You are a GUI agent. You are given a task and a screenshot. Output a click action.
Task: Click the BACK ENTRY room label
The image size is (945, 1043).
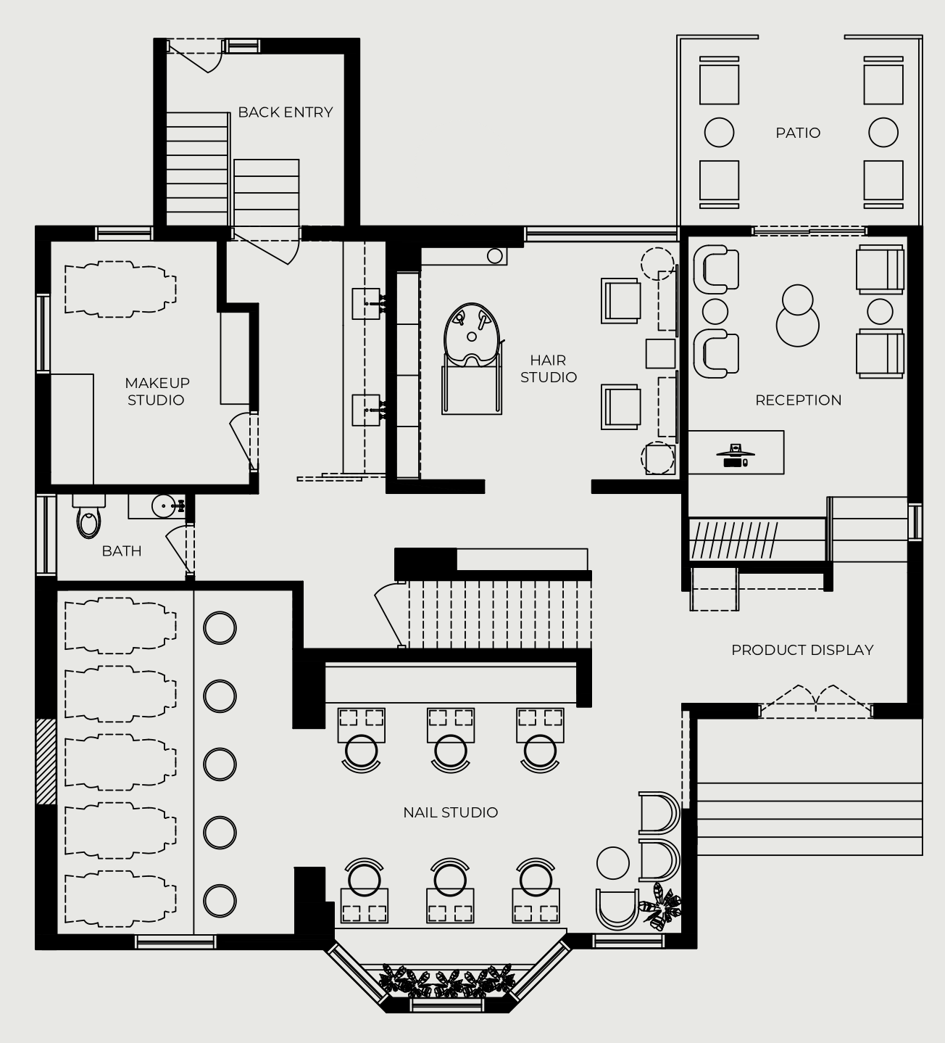[x=286, y=112]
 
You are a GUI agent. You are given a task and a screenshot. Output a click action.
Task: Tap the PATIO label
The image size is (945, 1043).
[x=798, y=133]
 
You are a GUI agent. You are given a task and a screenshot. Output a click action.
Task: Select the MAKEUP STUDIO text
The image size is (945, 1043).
[x=157, y=392]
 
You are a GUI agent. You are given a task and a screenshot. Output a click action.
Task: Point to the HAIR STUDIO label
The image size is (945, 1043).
[x=549, y=368]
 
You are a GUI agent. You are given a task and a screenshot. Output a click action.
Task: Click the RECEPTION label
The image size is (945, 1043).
[x=798, y=400]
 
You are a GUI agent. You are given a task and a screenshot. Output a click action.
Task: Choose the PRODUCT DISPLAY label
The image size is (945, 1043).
[x=802, y=650]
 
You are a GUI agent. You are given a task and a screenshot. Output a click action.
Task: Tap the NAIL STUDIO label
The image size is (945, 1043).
[x=451, y=812]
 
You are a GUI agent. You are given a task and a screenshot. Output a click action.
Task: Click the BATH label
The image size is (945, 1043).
[x=122, y=551]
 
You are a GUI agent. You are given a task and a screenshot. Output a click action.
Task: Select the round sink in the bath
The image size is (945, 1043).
[x=164, y=506]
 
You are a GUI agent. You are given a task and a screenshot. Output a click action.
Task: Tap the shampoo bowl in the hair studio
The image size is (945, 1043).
[x=472, y=335]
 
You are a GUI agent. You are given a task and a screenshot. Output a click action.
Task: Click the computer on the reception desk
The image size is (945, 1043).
[x=735, y=455]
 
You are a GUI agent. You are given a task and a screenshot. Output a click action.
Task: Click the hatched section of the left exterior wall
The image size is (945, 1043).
[x=46, y=761]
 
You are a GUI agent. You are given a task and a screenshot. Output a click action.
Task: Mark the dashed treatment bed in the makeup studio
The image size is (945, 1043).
[x=120, y=289]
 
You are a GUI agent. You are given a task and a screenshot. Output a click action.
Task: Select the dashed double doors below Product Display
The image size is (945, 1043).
[x=815, y=701]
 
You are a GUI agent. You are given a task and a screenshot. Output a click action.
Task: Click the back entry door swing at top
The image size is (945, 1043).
[x=195, y=55]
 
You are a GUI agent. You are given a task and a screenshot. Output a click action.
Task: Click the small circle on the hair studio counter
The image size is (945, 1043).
[x=494, y=256]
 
